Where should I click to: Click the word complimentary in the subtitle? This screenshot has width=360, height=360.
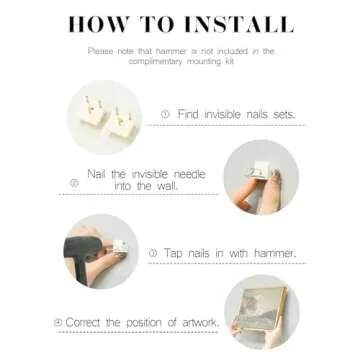tap(155, 62)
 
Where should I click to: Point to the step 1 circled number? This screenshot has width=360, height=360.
tap(165, 115)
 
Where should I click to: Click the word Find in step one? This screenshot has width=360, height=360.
tap(188, 114)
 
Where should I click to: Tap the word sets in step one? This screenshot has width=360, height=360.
tap(284, 115)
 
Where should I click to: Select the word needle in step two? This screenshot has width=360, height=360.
tap(190, 174)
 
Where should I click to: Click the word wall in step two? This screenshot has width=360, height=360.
tap(167, 186)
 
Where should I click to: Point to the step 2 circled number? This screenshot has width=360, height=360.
tap(74, 183)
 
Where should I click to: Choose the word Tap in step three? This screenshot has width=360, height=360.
tap(172, 253)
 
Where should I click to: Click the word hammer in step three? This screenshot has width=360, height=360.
tap(275, 253)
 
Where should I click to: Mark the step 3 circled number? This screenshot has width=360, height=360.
tap(153, 254)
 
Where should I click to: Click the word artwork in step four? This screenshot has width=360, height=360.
tap(201, 322)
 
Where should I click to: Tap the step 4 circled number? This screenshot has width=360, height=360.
tap(58, 322)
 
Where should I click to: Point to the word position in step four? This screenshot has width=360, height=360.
tap(144, 323)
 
